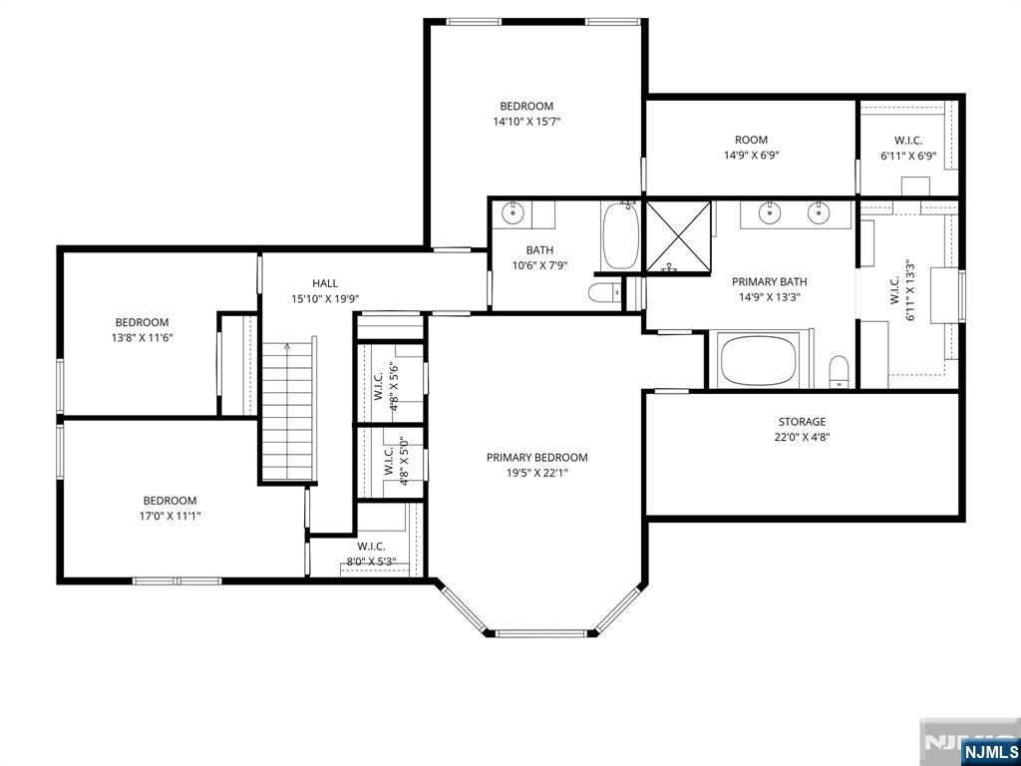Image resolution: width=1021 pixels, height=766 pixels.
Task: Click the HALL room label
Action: click(325, 283)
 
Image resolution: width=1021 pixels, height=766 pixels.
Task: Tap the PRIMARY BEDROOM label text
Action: click(537, 457)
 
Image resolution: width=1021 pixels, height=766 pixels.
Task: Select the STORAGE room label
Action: click(802, 422)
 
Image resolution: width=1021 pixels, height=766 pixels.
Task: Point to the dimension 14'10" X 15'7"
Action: click(526, 121)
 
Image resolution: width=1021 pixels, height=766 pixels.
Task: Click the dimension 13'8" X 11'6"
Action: click(142, 337)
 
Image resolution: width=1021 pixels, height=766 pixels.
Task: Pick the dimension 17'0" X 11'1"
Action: click(170, 516)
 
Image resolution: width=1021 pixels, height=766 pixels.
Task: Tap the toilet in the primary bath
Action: click(839, 372)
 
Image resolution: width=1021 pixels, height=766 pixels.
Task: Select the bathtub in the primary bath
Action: click(759, 361)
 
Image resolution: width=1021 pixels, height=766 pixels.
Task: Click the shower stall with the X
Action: click(678, 235)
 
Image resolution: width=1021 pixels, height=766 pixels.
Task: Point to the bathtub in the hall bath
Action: click(621, 235)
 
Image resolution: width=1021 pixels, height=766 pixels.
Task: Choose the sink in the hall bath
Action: click(513, 211)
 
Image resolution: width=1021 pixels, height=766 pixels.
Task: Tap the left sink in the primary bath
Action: click(771, 211)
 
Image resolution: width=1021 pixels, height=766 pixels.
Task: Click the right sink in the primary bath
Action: click(818, 211)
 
